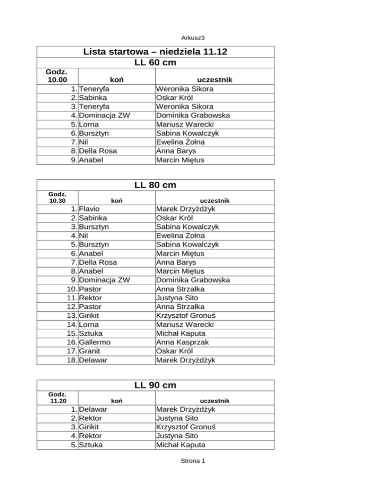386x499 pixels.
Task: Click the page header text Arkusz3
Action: click(192, 37)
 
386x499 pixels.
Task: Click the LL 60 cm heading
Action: click(155, 63)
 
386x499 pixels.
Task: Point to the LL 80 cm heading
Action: click(155, 185)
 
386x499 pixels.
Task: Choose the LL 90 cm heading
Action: click(155, 385)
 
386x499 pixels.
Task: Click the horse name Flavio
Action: click(89, 209)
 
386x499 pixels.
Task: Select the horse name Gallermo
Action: click(94, 342)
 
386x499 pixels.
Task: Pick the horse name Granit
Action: click(89, 351)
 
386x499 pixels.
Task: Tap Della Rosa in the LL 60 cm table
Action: click(96, 151)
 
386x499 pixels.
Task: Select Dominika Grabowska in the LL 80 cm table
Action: click(194, 280)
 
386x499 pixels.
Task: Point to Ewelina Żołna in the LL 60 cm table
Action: click(180, 142)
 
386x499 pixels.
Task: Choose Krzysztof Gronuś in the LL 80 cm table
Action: click(188, 315)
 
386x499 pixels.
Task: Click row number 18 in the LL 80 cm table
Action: click(70, 360)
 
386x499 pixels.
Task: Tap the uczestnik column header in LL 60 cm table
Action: click(215, 80)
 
